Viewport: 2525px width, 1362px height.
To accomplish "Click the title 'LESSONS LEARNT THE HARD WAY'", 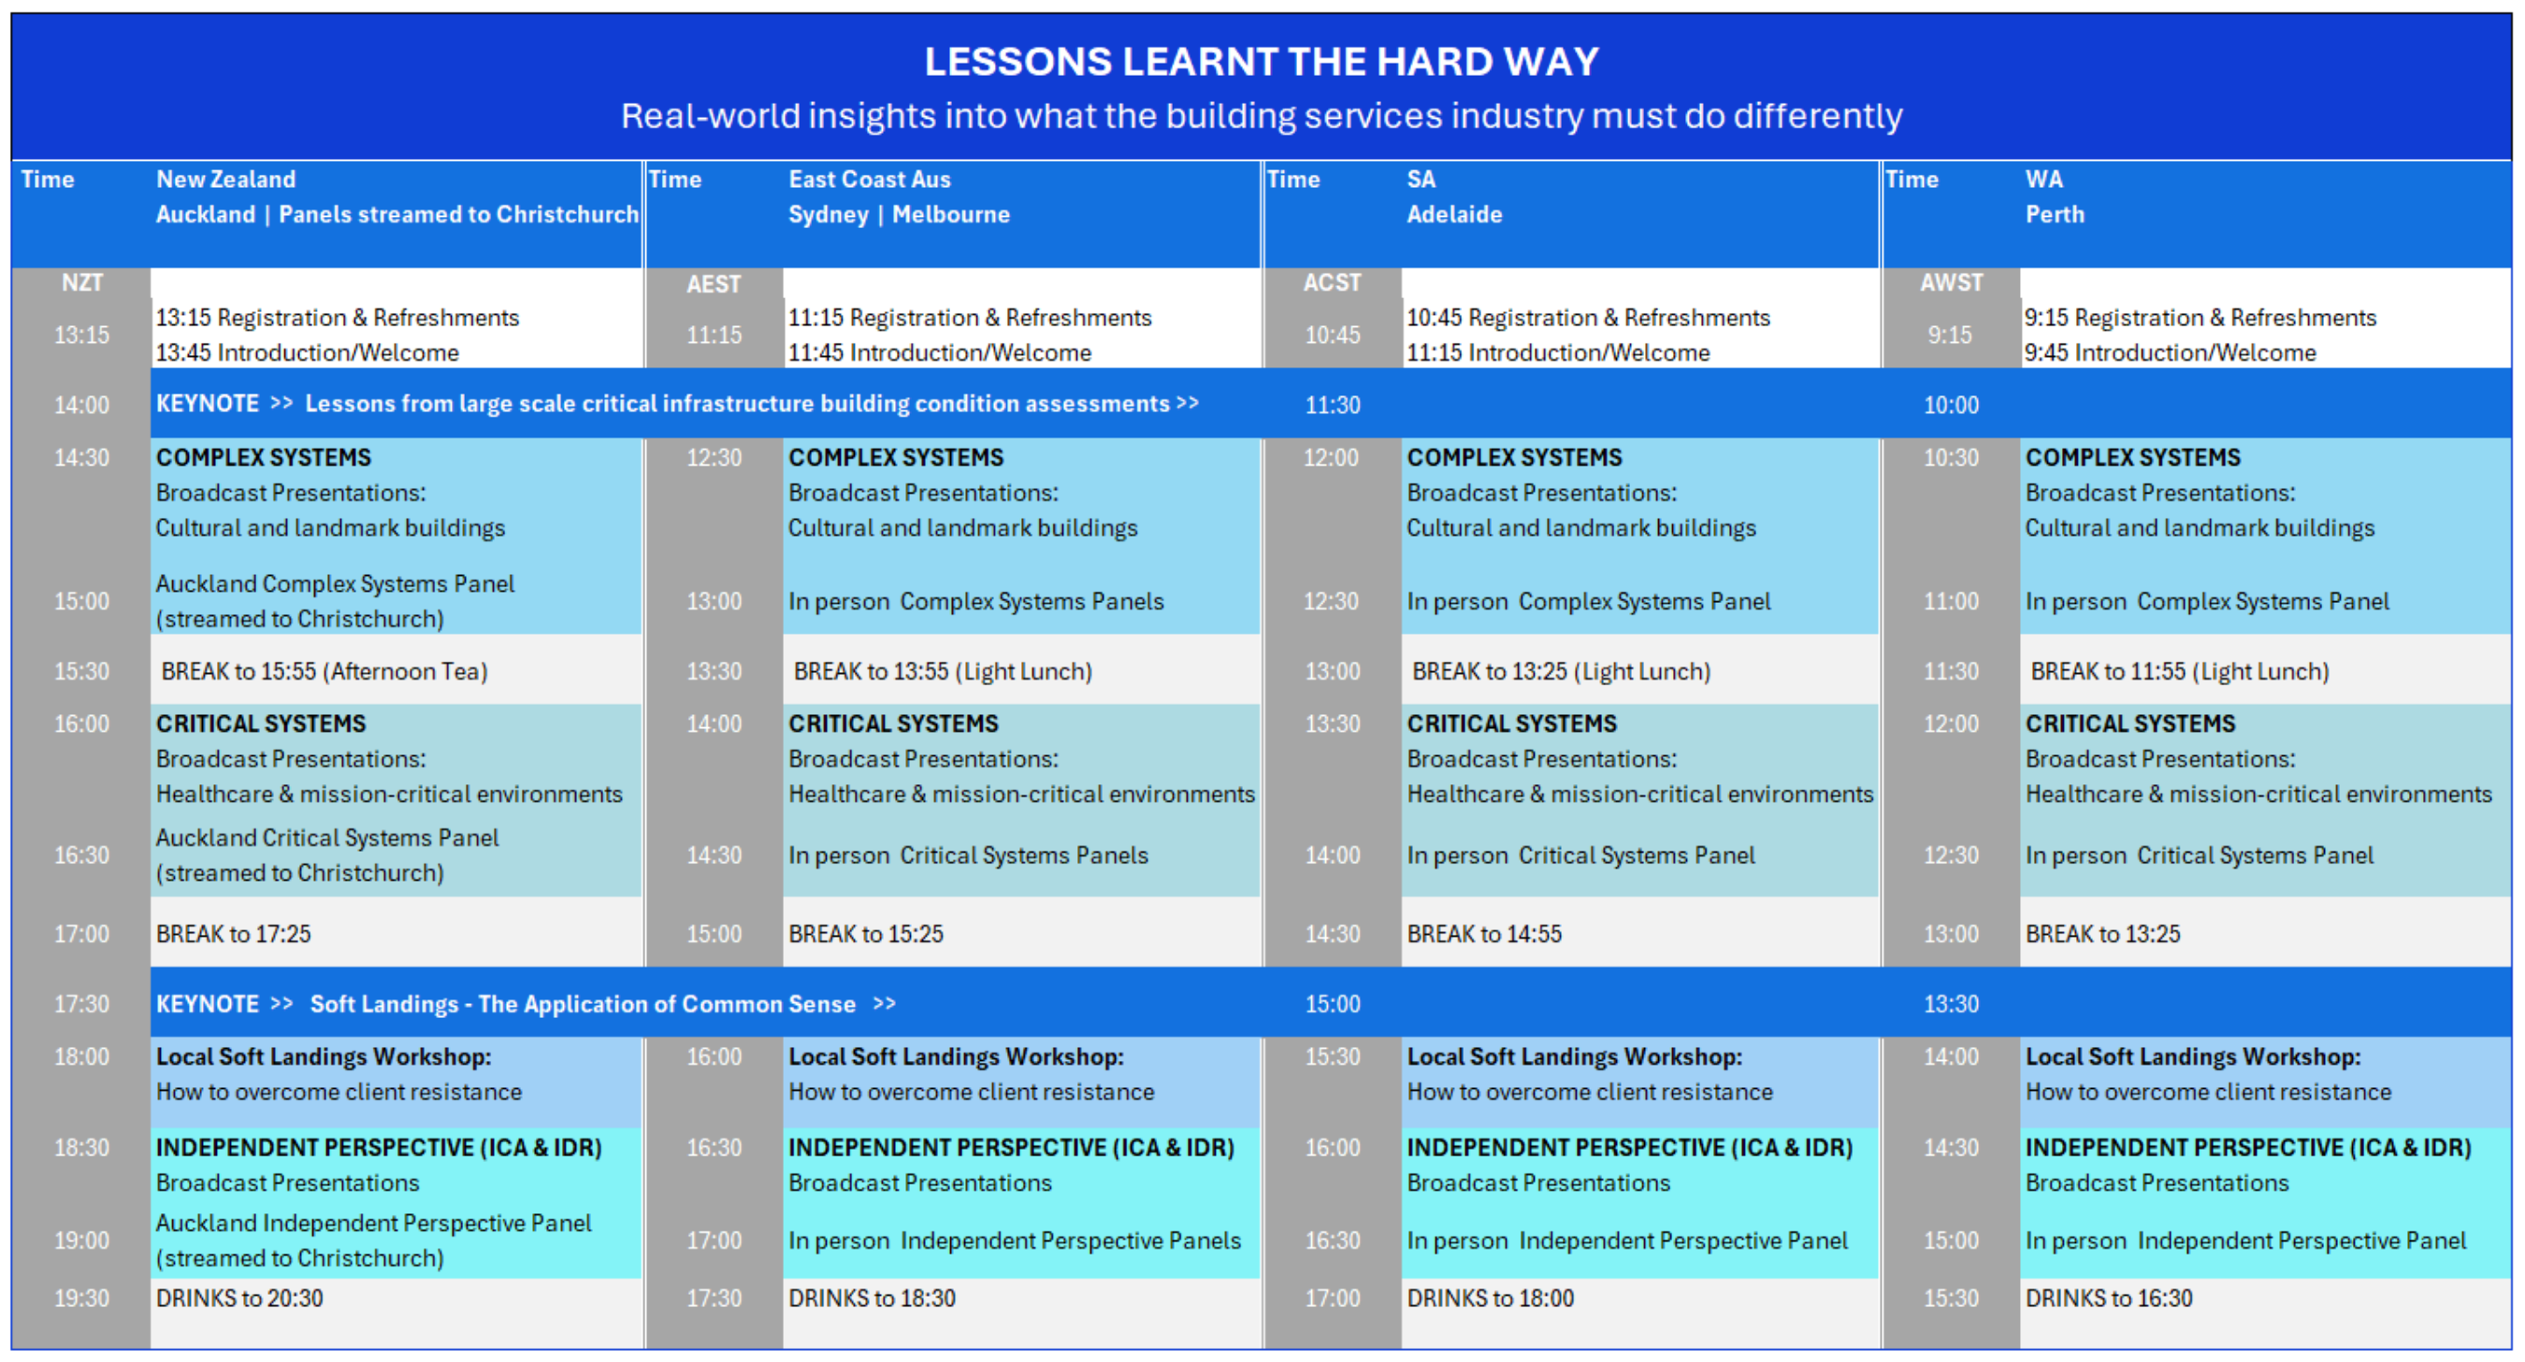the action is pyautogui.click(x=1262, y=62).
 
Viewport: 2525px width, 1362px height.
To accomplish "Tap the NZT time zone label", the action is pyautogui.click(x=82, y=282).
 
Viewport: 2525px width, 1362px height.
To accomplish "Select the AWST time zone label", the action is pyautogui.click(x=1951, y=282).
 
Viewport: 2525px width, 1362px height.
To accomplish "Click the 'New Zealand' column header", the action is pyautogui.click(x=225, y=179).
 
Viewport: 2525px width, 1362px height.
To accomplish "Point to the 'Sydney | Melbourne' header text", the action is pyautogui.click(x=899, y=215).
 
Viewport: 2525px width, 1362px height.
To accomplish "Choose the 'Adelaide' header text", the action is pyautogui.click(x=1454, y=215).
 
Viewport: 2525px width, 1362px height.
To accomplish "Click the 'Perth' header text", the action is pyautogui.click(x=2055, y=215).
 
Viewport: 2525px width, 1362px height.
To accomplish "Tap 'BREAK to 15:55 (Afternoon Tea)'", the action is pyautogui.click(x=325, y=671).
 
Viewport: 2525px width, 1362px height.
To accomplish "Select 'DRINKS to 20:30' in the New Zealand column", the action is pyautogui.click(x=239, y=1298).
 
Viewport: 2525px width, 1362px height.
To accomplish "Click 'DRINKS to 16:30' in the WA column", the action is pyautogui.click(x=2109, y=1298).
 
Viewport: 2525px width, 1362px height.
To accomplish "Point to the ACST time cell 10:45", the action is pyautogui.click(x=1332, y=335).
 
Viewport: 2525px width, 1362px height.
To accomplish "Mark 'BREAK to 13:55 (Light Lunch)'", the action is pyautogui.click(x=942, y=671).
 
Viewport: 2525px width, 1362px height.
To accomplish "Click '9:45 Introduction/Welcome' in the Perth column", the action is pyautogui.click(x=2171, y=352).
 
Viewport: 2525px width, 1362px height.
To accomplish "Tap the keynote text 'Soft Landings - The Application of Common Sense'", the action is pyautogui.click(x=583, y=1004).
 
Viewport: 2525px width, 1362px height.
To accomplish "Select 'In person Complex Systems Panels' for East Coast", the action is pyautogui.click(x=975, y=602).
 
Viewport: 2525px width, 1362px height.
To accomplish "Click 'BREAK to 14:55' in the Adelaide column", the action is pyautogui.click(x=1484, y=934).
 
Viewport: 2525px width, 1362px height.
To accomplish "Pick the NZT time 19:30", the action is pyautogui.click(x=81, y=1298).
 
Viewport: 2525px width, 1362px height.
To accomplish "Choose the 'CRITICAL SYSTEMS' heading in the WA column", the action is pyautogui.click(x=2130, y=724).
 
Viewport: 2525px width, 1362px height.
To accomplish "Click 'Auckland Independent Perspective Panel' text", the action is pyautogui.click(x=373, y=1223).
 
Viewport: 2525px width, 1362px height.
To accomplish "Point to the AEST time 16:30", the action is pyautogui.click(x=714, y=1147).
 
